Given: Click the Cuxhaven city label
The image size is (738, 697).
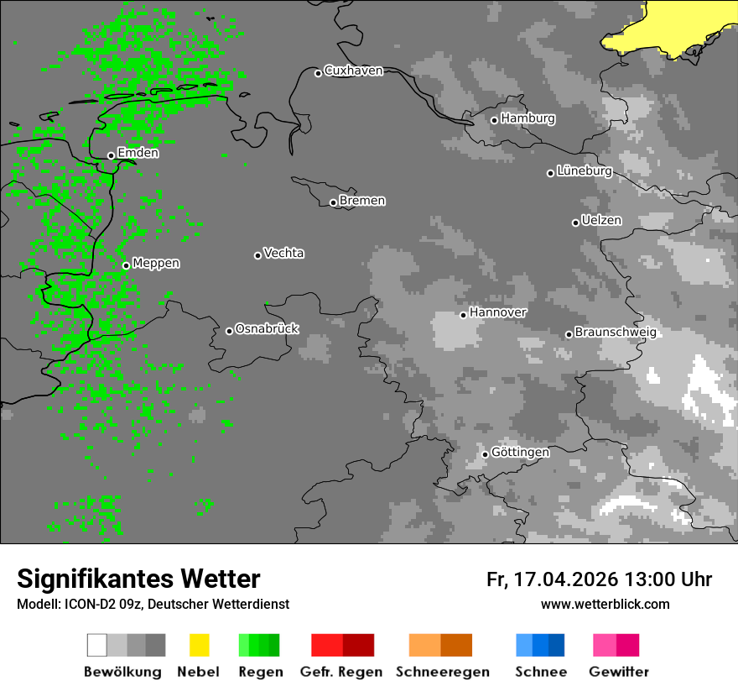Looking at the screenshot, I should pyautogui.click(x=353, y=71).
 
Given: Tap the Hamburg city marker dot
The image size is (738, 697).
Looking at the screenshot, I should pyautogui.click(x=495, y=120).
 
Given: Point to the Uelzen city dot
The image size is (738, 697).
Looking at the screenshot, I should pyautogui.click(x=575, y=223).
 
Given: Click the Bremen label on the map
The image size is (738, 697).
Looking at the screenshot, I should pyautogui.click(x=362, y=201).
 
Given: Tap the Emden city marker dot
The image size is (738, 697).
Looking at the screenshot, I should pyautogui.click(x=111, y=155).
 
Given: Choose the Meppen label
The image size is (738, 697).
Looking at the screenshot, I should pyautogui.click(x=156, y=264).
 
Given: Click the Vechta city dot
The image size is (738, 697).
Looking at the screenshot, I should pyautogui.click(x=257, y=255).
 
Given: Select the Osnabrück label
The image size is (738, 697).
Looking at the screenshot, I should pyautogui.click(x=267, y=329).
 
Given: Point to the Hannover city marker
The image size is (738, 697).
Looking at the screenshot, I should pyautogui.click(x=463, y=315).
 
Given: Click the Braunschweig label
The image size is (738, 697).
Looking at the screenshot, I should pyautogui.click(x=616, y=333).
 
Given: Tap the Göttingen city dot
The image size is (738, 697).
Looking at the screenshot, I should pyautogui.click(x=485, y=454).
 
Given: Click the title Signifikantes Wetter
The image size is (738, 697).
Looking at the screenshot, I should pyautogui.click(x=138, y=579).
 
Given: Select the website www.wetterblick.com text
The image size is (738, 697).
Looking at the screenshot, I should pyautogui.click(x=605, y=605).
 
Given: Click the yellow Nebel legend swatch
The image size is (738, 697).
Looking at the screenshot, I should pyautogui.click(x=199, y=645).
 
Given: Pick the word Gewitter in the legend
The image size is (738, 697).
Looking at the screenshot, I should pyautogui.click(x=618, y=672).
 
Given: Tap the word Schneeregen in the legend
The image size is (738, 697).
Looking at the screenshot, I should pyautogui.click(x=442, y=672).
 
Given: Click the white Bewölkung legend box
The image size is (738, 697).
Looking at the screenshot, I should pyautogui.click(x=97, y=645).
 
